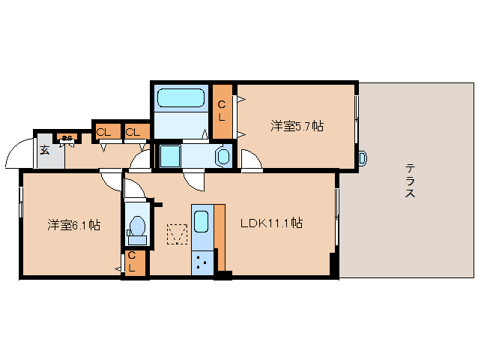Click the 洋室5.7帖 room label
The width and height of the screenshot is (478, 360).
point(297,126)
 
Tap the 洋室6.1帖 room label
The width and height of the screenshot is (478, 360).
point(74,224)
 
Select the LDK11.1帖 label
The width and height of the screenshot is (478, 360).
point(271,223)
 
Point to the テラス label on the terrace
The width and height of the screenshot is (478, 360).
point(410,181)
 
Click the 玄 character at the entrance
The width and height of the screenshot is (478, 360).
point(44,150)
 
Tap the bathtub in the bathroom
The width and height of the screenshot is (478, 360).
point(181,98)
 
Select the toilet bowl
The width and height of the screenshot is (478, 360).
point(136,226)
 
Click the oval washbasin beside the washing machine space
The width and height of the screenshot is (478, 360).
point(223,156)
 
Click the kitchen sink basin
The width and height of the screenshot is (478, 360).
point(202,223)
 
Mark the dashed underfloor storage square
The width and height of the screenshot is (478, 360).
point(177,235)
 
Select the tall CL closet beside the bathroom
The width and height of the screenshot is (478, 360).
point(222,111)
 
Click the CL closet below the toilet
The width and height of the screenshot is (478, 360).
point(133,262)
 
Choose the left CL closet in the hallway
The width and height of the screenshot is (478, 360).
point(103,133)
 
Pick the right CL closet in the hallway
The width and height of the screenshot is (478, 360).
point(134,133)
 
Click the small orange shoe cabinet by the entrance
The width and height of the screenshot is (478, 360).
point(67,137)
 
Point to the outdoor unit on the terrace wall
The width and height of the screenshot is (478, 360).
point(363,158)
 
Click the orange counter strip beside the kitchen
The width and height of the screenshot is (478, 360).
point(220,236)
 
